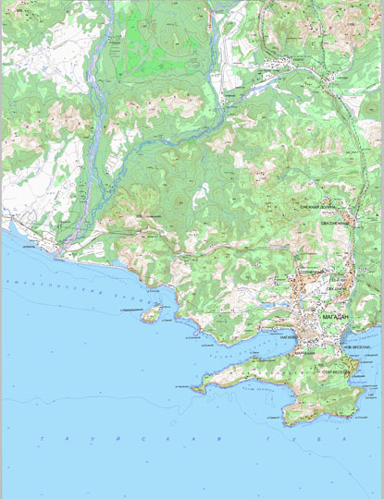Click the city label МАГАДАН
click(x=335, y=317)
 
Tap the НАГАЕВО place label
click(x=288, y=338)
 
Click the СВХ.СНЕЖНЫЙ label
click(x=338, y=223)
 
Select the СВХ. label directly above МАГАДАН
click(x=333, y=288)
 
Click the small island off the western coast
click(x=149, y=314)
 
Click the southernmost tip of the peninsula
click(x=287, y=424)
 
